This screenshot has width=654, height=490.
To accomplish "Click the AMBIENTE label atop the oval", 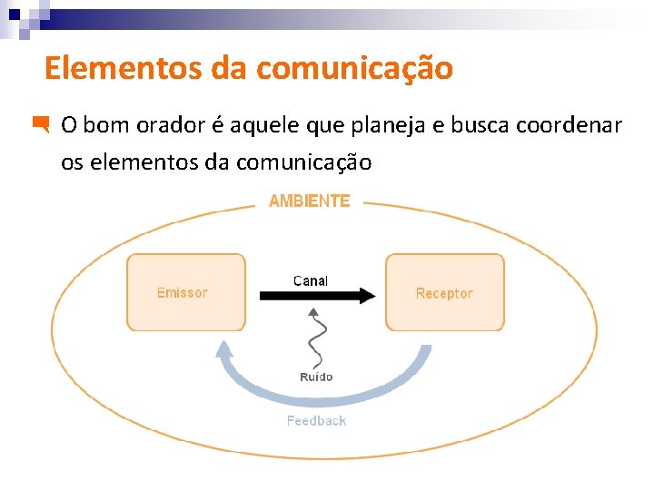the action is (309, 201).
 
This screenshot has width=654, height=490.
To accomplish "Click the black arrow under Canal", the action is (317, 295).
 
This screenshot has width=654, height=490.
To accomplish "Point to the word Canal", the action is (311, 280).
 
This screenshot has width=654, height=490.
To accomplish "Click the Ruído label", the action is (316, 377).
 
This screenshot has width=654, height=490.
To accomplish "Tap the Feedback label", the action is (316, 420).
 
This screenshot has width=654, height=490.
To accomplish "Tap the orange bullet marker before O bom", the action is (40, 125).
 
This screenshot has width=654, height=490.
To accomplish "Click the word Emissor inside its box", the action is (182, 293).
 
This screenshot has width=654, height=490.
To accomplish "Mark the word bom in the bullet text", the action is (106, 125).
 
